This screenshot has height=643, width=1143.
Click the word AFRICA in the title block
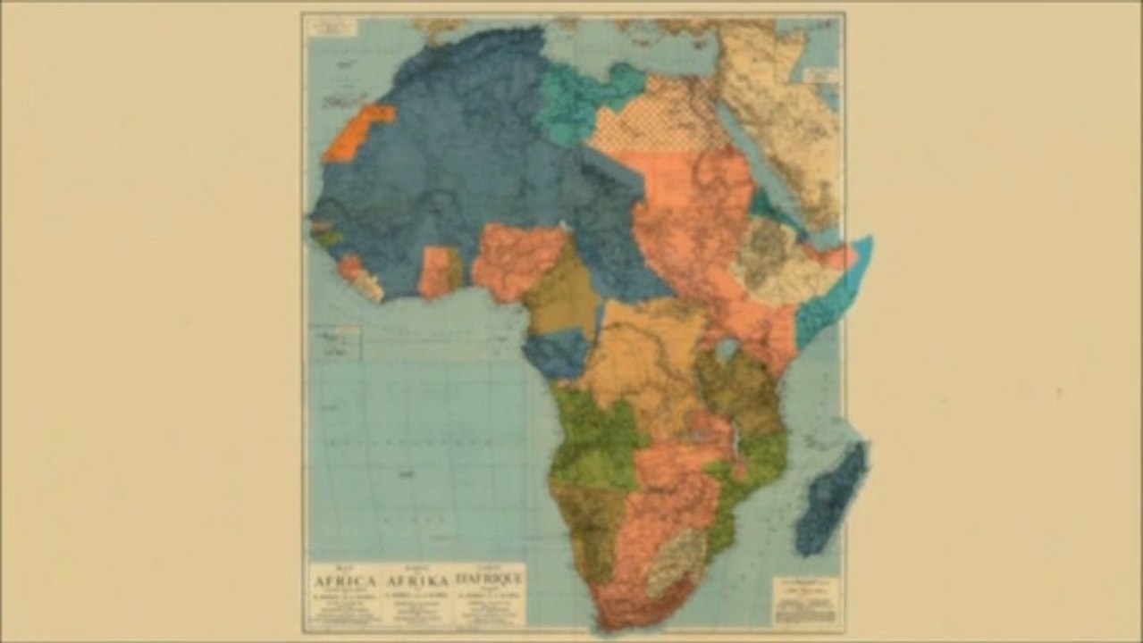click(343, 581)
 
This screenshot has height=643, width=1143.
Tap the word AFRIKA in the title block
click(416, 581)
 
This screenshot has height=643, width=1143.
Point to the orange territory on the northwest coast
click(357, 134)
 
